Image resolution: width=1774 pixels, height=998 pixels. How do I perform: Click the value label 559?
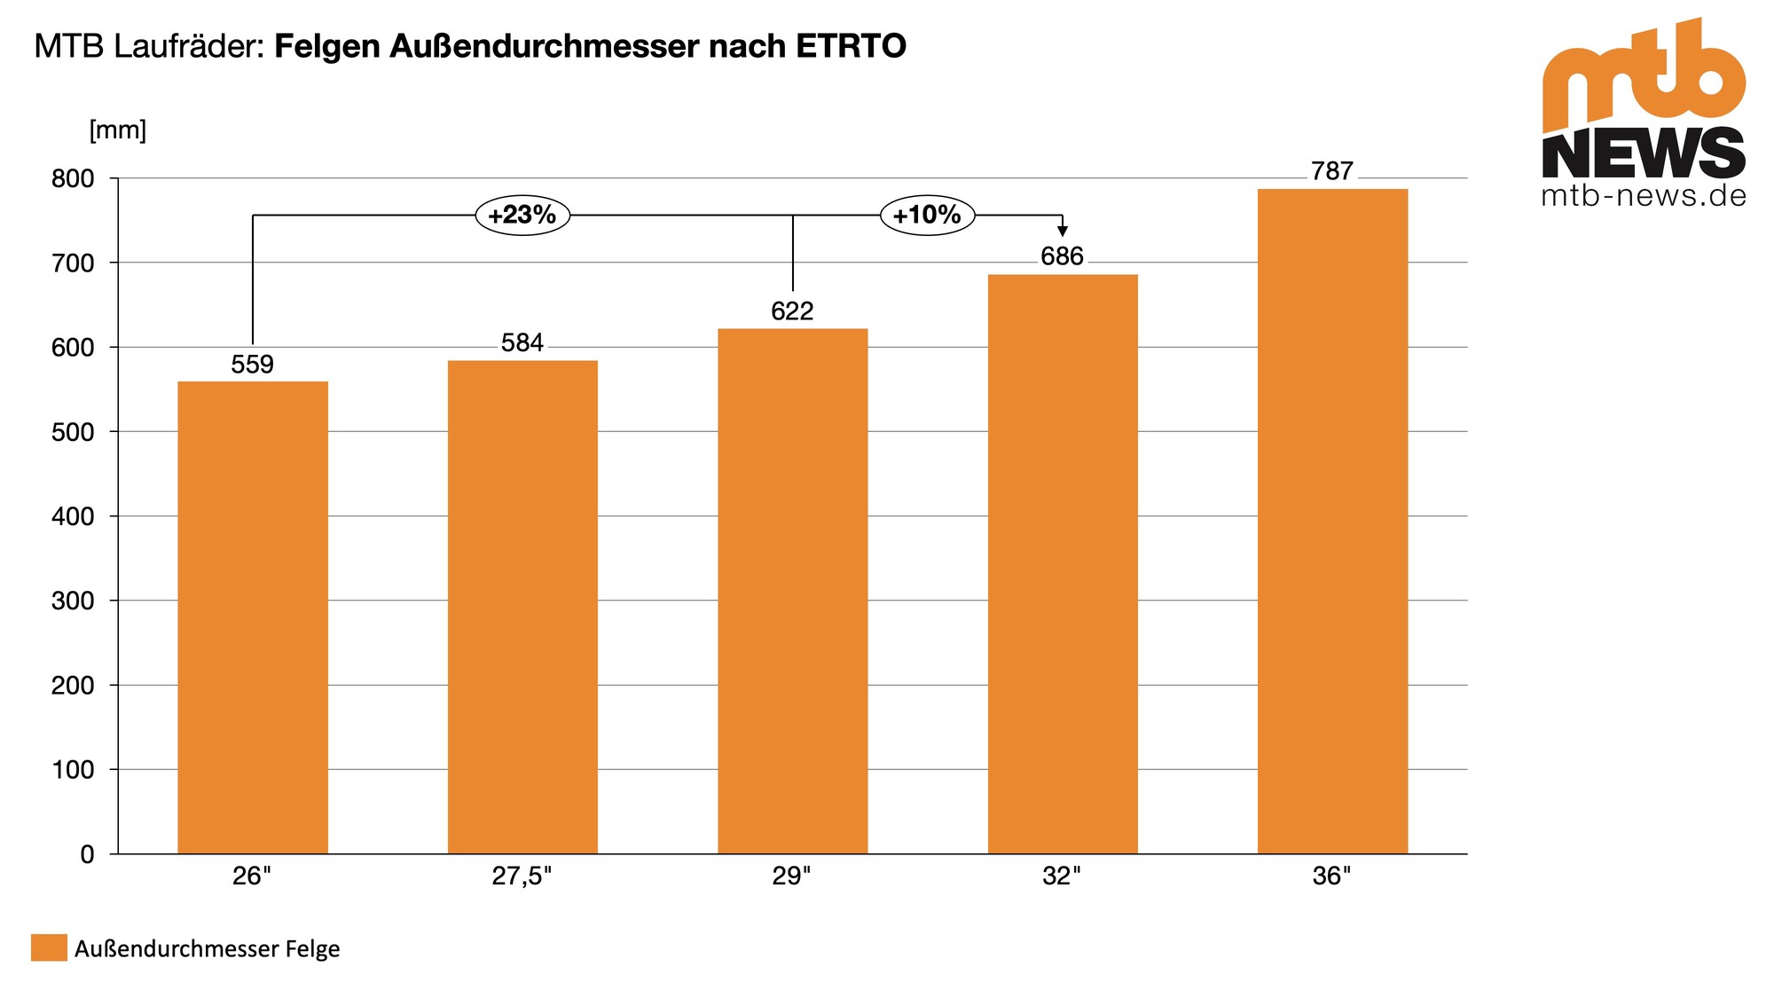253,365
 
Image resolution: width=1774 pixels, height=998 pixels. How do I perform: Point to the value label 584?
522,342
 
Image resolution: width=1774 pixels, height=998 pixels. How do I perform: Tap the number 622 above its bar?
792,310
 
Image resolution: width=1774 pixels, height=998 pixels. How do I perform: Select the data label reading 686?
1063,256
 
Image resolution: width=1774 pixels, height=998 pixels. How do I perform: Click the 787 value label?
1332,171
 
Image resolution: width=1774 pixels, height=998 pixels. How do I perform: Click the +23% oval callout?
522,215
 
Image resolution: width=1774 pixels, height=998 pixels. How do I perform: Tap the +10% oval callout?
927,215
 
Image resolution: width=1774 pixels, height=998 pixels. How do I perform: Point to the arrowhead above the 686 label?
1063,232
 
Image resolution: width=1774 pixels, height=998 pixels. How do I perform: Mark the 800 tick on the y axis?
73,178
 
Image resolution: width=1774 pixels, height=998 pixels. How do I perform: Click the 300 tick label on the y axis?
73,601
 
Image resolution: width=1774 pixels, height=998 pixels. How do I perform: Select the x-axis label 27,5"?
522,876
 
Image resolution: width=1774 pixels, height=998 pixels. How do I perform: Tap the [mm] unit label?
118,130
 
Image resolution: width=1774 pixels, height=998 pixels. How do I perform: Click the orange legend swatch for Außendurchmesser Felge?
49,947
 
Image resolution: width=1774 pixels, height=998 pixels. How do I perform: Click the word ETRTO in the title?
851,46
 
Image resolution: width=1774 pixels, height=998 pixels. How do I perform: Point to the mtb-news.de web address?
1644,195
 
